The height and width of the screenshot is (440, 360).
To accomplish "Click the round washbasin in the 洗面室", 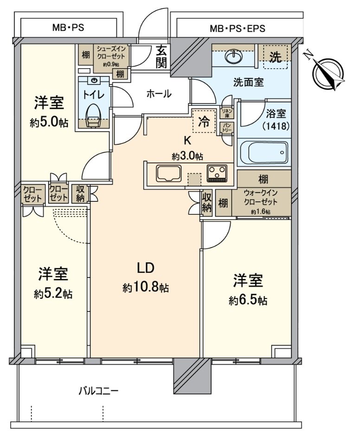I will pos(232,57).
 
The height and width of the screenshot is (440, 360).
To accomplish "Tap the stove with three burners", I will pos(217,173).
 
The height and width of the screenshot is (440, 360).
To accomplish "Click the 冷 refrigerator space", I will pos(204,121).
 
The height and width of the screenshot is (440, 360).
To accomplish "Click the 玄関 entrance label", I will pos(161,57).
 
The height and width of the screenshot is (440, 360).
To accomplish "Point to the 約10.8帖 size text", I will pos(145,288).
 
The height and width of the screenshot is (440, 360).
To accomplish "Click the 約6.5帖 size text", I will pos(248,300).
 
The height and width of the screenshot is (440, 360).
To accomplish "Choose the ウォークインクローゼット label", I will pos(260,202).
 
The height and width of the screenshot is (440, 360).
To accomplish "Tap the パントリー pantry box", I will pos(227,127).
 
